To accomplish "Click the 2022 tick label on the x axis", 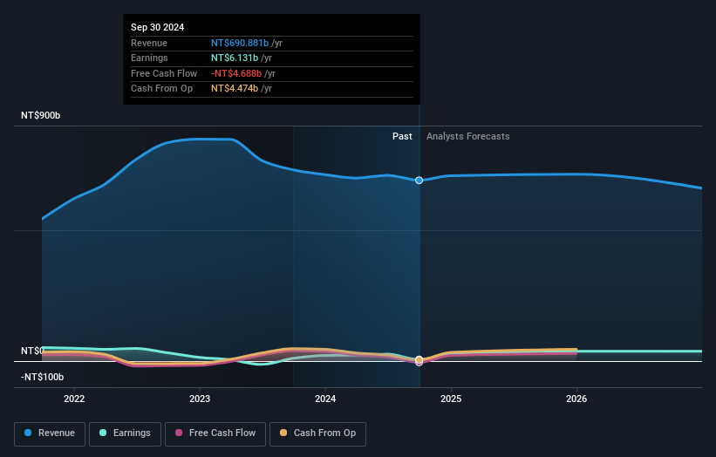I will click(x=74, y=399).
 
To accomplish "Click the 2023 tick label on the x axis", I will click(x=200, y=399).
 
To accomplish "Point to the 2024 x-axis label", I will click(x=325, y=399).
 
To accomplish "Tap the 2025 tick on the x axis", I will click(x=451, y=399).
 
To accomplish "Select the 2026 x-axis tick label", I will click(x=576, y=399).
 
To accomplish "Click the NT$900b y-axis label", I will click(x=41, y=116).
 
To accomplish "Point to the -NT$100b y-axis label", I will click(x=43, y=377).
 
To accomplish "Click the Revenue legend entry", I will click(x=49, y=433).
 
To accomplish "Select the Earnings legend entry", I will click(x=124, y=433).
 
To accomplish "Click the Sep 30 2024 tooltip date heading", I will click(x=158, y=28).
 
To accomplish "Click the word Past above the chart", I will click(x=402, y=136).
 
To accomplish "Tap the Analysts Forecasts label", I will click(x=467, y=136).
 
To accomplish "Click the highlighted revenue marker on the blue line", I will click(x=419, y=181).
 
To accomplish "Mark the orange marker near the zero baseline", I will click(x=419, y=359).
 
